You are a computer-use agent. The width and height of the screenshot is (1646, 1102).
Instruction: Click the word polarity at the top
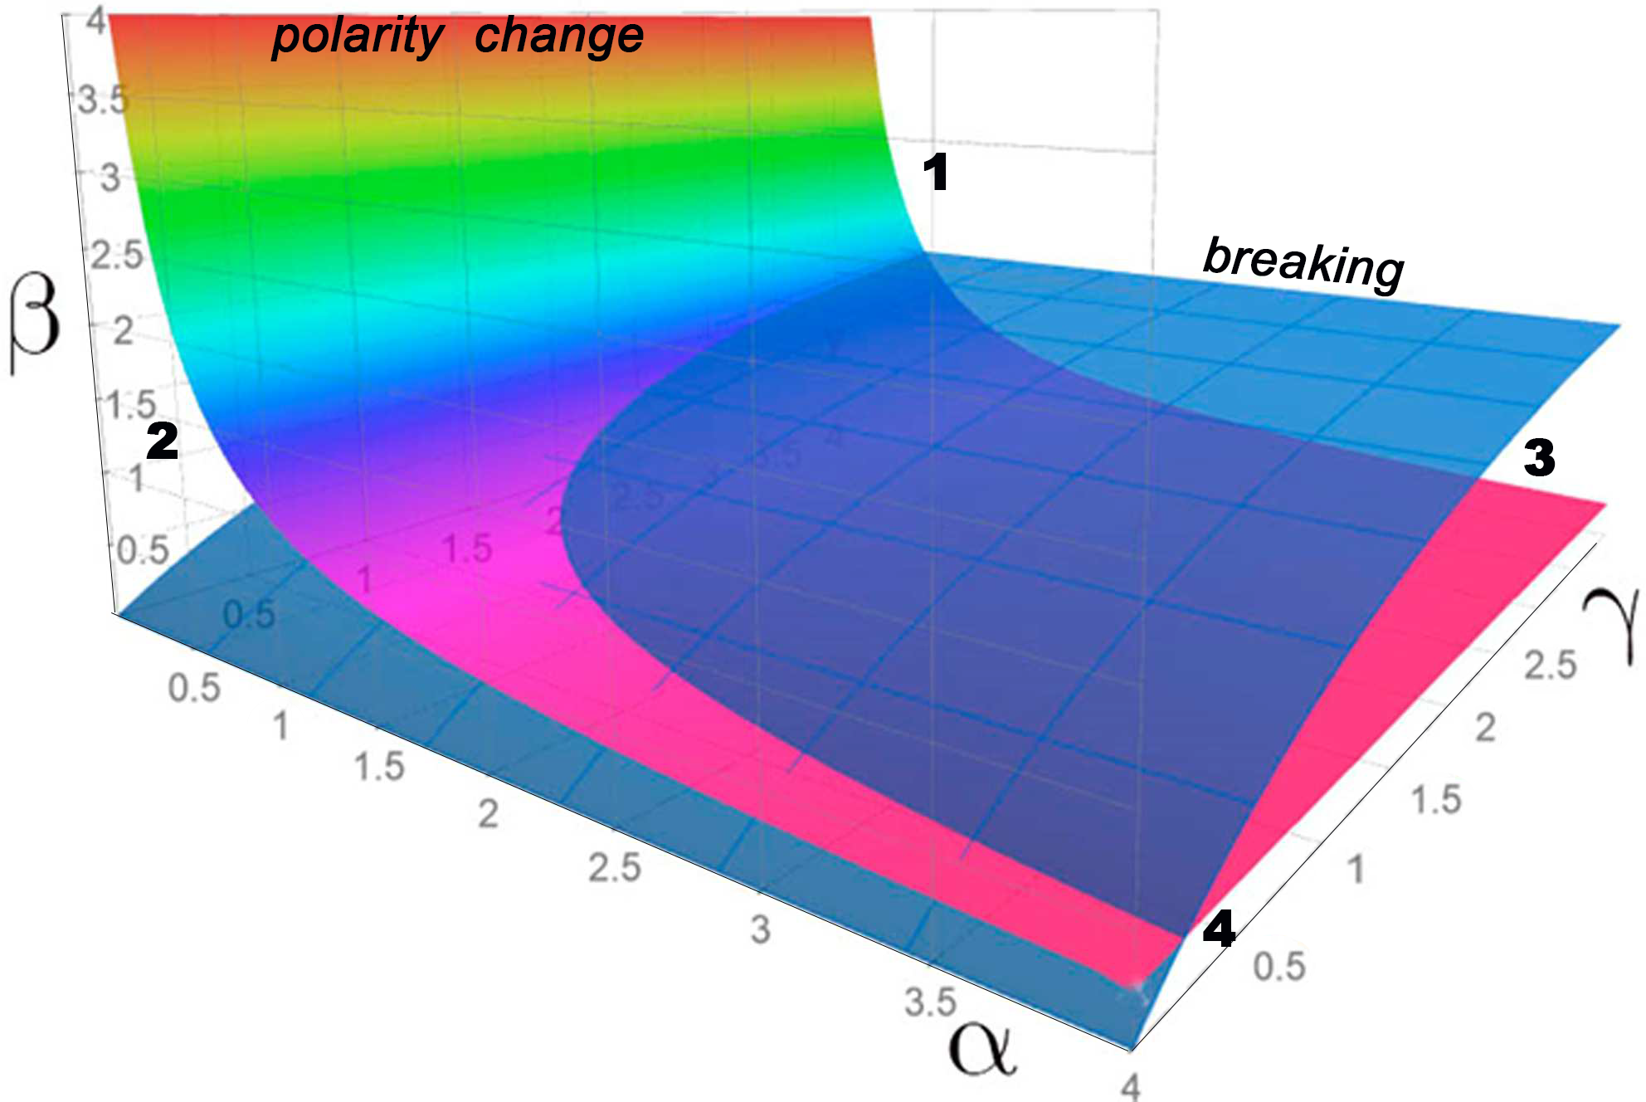point(358,37)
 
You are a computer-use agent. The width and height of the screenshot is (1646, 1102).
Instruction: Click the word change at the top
point(559,37)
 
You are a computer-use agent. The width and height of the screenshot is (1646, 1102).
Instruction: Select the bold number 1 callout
point(935,173)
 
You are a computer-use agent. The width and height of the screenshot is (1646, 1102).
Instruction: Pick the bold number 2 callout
point(162,441)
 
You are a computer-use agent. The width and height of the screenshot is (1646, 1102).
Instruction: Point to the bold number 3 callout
point(1539,458)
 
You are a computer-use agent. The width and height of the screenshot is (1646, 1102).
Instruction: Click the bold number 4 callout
point(1219,929)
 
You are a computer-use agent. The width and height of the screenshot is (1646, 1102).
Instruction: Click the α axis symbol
point(982,1048)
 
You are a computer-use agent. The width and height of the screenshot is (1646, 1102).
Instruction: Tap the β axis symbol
point(35,324)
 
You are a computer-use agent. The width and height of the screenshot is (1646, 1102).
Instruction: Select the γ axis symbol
point(1611,627)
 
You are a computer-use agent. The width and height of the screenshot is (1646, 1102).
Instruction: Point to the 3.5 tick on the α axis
point(930,1002)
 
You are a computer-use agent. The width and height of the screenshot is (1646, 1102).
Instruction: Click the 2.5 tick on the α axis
point(615,868)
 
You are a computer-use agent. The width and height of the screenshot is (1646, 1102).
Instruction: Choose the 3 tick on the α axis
point(760,930)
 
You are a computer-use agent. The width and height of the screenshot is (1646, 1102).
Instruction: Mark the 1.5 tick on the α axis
point(379,767)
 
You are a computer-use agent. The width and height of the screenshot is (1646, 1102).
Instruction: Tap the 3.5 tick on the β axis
point(104,100)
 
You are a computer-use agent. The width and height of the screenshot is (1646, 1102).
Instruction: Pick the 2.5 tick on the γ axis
point(1550,666)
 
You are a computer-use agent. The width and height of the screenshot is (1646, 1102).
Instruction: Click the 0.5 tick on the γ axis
point(1278,967)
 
